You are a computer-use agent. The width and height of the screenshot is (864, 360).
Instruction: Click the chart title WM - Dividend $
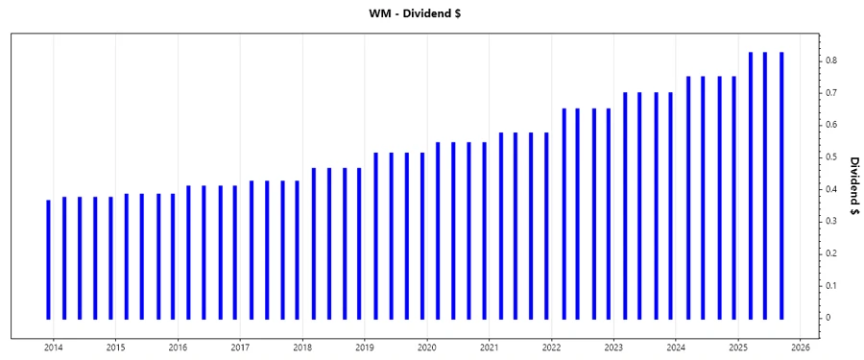click(431, 13)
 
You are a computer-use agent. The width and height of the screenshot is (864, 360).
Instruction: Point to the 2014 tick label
click(53, 348)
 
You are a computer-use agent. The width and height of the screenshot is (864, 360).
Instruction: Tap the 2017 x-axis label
click(240, 348)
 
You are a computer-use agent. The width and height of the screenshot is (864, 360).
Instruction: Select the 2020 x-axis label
click(427, 348)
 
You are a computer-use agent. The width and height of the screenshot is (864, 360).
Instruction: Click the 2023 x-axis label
click(613, 348)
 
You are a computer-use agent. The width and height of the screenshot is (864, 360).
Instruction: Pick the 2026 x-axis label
click(801, 348)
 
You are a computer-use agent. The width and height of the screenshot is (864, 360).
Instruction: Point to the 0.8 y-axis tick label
click(831, 60)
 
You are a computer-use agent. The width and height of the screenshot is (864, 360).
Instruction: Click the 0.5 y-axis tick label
click(831, 156)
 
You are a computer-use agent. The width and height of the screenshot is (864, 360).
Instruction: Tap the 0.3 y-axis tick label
click(831, 221)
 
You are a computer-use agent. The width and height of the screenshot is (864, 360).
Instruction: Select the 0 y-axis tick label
click(831, 318)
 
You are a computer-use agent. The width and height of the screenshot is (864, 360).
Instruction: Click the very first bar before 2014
click(48, 259)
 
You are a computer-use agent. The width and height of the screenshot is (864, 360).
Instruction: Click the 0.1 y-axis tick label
click(831, 285)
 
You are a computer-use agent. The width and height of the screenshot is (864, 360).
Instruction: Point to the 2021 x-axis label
click(489, 348)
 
